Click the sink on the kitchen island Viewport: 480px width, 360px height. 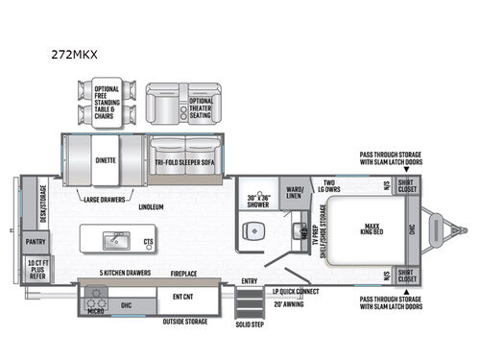[117, 236]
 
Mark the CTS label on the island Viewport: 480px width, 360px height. [149, 242]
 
